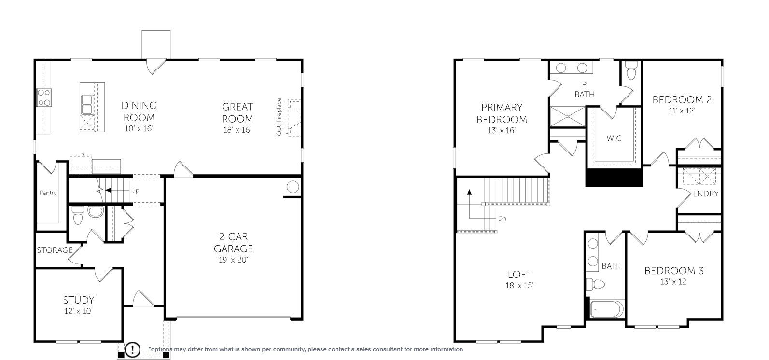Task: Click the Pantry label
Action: click(x=48, y=193)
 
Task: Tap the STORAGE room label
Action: click(x=55, y=250)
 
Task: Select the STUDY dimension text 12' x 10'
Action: click(x=78, y=311)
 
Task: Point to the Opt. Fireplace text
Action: click(x=279, y=117)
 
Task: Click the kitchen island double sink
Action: click(x=87, y=103)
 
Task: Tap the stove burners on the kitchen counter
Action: click(x=44, y=97)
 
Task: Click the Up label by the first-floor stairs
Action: click(x=135, y=191)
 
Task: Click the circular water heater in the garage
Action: click(x=293, y=187)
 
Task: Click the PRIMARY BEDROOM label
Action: click(x=502, y=113)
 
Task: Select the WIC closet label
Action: click(x=614, y=138)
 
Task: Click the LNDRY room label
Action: click(x=705, y=194)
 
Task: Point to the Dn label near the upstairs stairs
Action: click(x=502, y=218)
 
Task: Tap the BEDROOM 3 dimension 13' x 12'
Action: click(x=673, y=282)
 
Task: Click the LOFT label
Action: click(x=519, y=275)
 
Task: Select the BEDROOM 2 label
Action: click(x=682, y=100)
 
